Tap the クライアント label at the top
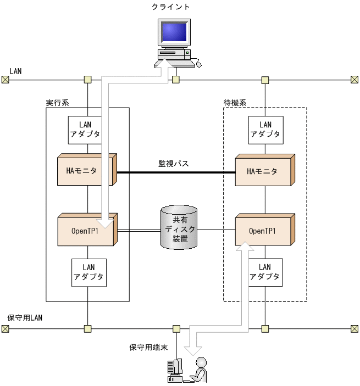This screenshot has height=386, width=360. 171,7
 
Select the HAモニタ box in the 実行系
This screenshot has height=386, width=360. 85,171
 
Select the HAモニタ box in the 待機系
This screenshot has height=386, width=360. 263,171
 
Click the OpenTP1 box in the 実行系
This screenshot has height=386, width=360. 85,231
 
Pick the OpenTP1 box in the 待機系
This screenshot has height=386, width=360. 263,231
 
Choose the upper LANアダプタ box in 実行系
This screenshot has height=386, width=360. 85,130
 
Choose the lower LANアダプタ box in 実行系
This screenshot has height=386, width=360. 88,272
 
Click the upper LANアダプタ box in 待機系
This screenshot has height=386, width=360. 265,130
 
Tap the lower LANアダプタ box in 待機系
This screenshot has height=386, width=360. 265,272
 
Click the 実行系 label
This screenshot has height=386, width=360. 57,103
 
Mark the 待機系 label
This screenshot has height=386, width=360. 235,103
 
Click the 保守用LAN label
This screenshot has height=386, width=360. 25,318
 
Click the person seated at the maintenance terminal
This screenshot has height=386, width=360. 201,369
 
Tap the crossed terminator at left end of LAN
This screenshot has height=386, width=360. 5,80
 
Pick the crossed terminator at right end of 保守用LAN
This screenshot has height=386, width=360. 355,329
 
